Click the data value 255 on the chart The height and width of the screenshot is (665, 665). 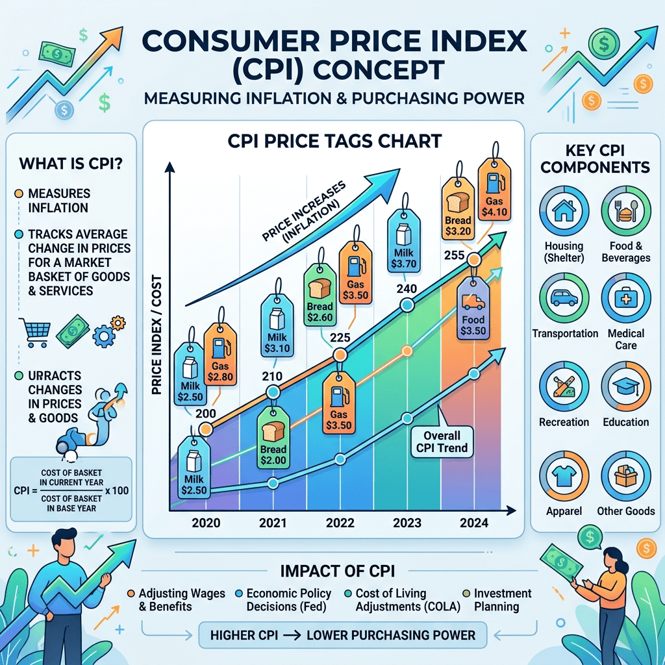tap(454, 256)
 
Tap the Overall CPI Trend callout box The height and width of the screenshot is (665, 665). tap(442, 442)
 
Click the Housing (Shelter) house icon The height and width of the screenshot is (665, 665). tap(564, 211)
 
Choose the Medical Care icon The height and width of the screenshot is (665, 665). tap(625, 298)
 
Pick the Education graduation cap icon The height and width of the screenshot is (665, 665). tap(625, 386)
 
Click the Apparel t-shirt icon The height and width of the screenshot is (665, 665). tap(564, 475)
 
